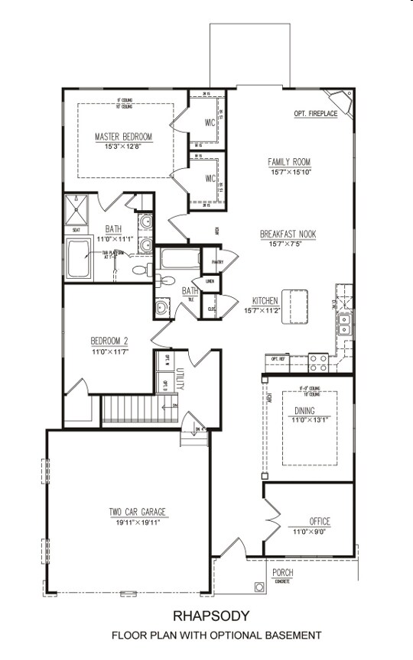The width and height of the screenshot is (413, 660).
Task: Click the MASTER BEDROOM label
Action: point(123,137)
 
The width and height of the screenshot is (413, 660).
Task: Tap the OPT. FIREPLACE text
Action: point(315,114)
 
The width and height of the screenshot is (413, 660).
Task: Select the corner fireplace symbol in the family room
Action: point(337,101)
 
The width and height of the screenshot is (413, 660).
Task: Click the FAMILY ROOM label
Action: point(288,161)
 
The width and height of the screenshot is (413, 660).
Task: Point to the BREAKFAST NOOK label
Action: point(288,235)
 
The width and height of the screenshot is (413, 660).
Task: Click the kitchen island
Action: point(292,306)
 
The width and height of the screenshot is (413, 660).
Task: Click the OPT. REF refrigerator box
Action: point(278,358)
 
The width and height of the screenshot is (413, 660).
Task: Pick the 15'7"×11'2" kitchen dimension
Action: point(262,311)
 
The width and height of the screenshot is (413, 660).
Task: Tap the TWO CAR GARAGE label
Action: point(138,513)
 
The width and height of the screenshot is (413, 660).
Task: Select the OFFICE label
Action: point(320,522)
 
